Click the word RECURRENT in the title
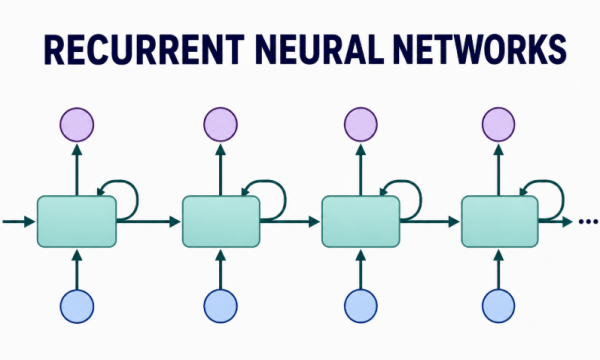[144, 50]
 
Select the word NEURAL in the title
[319, 50]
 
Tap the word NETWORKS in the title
[480, 50]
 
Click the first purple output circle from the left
[77, 125]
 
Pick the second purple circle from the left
[220, 125]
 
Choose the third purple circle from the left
[361, 125]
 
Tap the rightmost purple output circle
[499, 125]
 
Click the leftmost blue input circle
[77, 306]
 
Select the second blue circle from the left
[220, 306]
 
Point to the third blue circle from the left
[361, 306]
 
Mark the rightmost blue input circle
[499, 306]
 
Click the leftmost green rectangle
[77, 222]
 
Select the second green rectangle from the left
[221, 222]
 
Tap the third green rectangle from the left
[361, 222]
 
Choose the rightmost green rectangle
[500, 222]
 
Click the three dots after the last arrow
[588, 221]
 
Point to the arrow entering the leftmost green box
[18, 221]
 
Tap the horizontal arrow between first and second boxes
[148, 221]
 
